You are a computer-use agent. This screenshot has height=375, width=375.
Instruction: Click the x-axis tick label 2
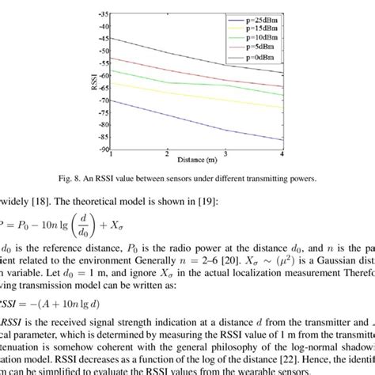[x=168, y=154]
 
